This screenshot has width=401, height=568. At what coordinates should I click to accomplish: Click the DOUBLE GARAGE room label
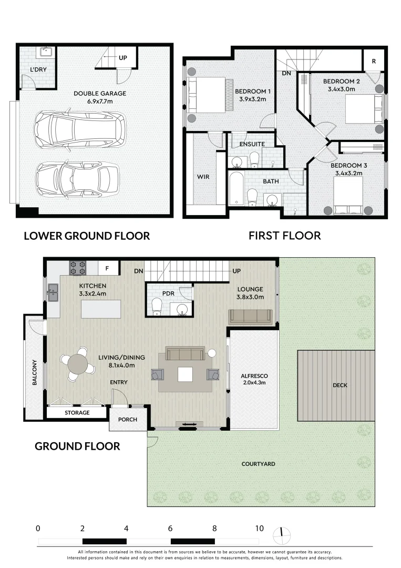[x=100, y=94]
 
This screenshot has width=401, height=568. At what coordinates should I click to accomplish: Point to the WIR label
[x=203, y=177]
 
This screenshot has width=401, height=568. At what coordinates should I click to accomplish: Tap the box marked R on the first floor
[x=374, y=61]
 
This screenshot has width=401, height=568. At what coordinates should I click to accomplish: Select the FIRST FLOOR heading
[x=284, y=236]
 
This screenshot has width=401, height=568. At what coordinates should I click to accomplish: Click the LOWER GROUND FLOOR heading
[x=87, y=236]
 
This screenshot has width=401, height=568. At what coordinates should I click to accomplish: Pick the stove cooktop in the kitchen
[x=78, y=268]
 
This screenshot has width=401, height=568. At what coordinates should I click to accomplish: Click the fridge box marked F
[x=108, y=268]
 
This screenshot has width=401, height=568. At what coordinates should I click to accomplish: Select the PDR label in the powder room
[x=168, y=292]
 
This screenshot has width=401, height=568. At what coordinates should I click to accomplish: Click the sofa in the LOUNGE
[x=250, y=316]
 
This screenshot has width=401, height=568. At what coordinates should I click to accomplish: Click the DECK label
[x=340, y=385]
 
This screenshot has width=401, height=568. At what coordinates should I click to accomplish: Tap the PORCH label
[x=128, y=419]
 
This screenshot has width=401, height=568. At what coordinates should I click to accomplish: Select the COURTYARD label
[x=258, y=464]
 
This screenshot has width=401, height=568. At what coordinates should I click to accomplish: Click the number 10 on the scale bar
[x=259, y=528]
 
